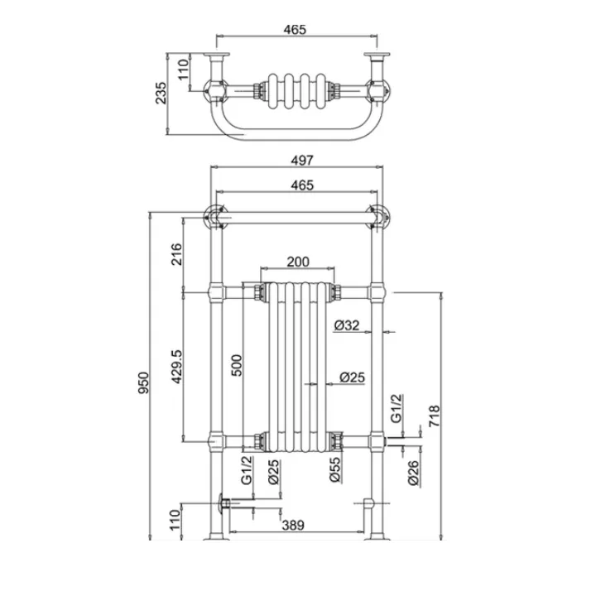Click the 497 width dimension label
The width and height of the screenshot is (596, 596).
[302, 160]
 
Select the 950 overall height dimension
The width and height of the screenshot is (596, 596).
[144, 382]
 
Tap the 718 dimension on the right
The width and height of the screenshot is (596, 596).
[434, 416]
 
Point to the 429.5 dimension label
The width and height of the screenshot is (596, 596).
[177, 367]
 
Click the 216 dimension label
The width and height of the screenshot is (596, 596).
[177, 254]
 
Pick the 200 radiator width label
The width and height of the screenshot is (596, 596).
[298, 262]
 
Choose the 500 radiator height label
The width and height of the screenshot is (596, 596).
[237, 365]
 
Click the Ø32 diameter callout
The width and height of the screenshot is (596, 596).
[347, 325]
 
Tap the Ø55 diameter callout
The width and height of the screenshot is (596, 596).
[335, 469]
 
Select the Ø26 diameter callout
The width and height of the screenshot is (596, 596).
[413, 473]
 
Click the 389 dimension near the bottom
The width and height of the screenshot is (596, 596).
[293, 526]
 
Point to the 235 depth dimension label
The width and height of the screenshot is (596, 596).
[161, 93]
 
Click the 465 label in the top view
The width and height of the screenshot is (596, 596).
[295, 29]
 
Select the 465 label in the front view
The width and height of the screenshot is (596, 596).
[302, 185]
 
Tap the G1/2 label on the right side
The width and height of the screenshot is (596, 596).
[396, 409]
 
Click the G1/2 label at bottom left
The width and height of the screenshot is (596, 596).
[247, 470]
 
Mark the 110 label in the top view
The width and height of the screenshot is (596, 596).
[183, 70]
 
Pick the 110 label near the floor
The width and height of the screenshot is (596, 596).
[175, 520]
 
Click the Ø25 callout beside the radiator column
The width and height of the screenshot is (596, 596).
[352, 377]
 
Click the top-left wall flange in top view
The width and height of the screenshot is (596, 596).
[217, 55]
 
